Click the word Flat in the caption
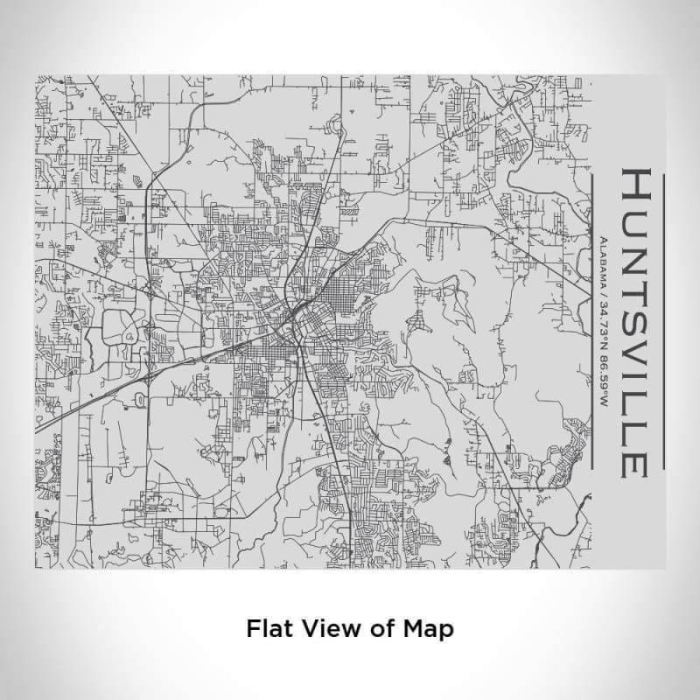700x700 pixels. click(268, 628)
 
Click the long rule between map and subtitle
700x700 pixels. click(591, 319)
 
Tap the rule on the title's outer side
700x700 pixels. click(664, 319)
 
